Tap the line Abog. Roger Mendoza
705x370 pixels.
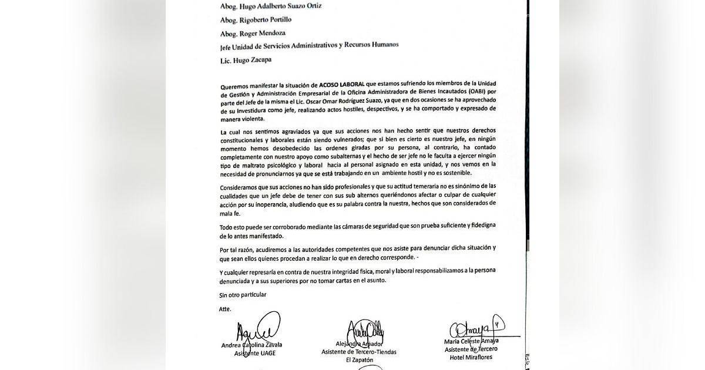[250, 32]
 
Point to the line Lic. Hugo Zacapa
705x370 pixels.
[240, 59]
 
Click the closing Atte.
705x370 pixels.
[225, 308]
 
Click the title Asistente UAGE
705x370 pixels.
[255, 353]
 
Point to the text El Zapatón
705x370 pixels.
[360, 360]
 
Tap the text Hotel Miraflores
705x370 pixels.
[471, 357]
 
